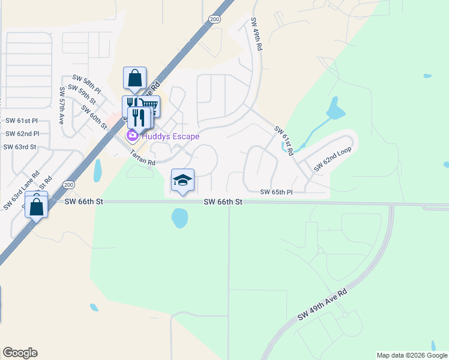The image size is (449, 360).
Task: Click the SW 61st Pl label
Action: click(x=22, y=121)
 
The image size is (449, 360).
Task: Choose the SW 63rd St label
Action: click(x=20, y=147)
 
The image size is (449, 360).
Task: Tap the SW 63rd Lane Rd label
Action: click(x=21, y=191)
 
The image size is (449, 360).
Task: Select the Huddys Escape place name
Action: click(x=170, y=136)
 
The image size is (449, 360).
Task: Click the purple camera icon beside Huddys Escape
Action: click(x=131, y=137)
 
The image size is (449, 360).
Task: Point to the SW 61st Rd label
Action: click(x=283, y=141)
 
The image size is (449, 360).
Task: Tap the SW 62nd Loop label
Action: click(x=332, y=160)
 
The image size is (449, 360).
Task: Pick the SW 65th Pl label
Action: click(x=276, y=192)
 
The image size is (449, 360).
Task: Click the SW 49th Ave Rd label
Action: click(x=322, y=307)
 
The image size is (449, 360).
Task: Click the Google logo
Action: click(x=20, y=353)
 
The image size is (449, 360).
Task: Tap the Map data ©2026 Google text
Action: click(x=412, y=355)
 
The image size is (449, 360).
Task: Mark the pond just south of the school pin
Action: click(x=180, y=218)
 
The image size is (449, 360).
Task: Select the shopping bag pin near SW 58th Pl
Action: click(x=134, y=79)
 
